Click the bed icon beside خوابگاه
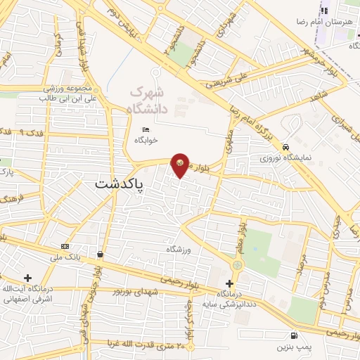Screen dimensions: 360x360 (146, 129)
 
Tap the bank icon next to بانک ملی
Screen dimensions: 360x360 (65, 246)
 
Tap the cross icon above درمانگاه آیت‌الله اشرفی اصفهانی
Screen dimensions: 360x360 (27, 278)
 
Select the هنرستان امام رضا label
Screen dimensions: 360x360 (331, 22)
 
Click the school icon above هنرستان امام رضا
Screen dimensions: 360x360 (325, 11)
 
